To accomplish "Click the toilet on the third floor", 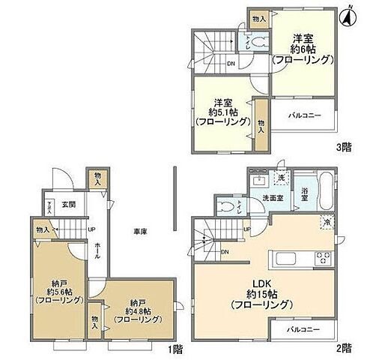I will click(259, 42).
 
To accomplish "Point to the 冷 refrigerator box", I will click(327, 221).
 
